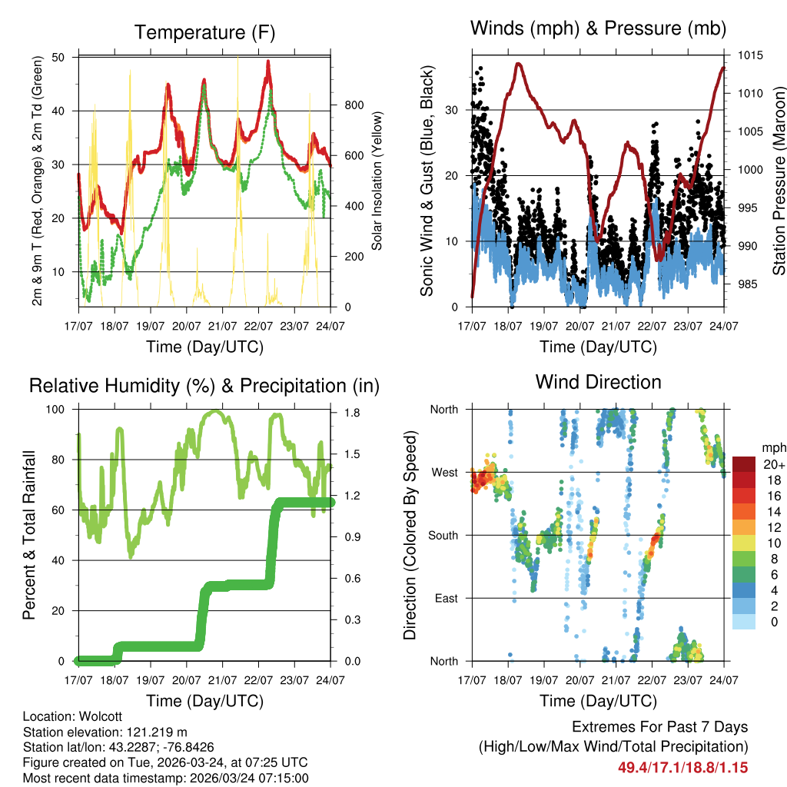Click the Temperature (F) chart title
click(204, 32)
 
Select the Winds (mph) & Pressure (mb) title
click(598, 29)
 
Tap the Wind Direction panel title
click(598, 382)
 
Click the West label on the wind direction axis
click(444, 472)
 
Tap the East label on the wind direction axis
click(445, 598)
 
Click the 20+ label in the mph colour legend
click(772, 464)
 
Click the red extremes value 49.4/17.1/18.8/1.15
click(682, 767)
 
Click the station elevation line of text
click(105, 732)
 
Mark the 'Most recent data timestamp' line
click(165, 778)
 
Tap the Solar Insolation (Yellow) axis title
click(377, 181)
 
